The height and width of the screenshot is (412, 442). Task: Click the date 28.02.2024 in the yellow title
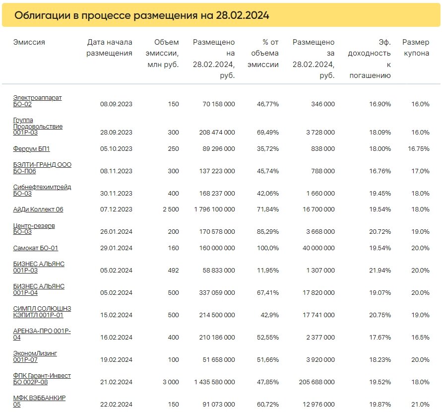[x=243, y=15]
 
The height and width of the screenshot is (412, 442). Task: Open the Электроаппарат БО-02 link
[x=37, y=101]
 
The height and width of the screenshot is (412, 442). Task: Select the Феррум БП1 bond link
[x=31, y=148]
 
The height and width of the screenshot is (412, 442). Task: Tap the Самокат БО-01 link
[x=36, y=248]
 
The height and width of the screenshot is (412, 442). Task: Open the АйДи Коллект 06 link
[x=38, y=209]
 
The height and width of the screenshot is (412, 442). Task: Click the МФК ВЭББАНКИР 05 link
[x=39, y=401]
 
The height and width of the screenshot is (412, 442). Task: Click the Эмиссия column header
[x=29, y=42]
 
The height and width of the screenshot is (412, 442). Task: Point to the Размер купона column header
[x=416, y=48]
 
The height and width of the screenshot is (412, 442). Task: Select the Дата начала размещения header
[x=109, y=48]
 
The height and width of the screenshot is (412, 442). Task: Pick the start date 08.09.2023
[x=116, y=104]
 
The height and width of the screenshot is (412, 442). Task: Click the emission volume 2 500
[x=171, y=209]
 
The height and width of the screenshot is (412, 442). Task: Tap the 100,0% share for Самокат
[x=268, y=248]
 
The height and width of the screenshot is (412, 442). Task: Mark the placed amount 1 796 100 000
[x=214, y=209]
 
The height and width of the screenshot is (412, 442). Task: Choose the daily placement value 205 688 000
[x=317, y=382]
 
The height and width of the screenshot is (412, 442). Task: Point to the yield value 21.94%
[x=380, y=270]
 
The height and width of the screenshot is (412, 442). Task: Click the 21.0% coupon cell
[x=420, y=404]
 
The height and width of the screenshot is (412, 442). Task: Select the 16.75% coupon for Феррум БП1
[x=419, y=148]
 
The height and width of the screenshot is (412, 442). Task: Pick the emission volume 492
[x=173, y=270]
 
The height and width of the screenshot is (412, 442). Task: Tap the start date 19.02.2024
[x=116, y=359]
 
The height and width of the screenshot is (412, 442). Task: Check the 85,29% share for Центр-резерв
[x=268, y=231]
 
